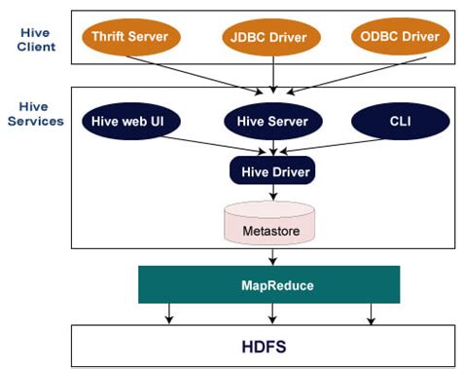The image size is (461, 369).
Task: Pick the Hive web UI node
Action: (129, 121)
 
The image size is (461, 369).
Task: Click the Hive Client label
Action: (37, 39)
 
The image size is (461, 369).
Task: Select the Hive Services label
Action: (37, 113)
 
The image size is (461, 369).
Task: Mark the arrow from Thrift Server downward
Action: (195, 72)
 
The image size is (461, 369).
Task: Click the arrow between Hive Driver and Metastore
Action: (273, 195)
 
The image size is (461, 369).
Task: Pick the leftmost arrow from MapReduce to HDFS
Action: (170, 314)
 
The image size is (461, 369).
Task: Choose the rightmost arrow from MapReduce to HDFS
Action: (372, 314)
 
